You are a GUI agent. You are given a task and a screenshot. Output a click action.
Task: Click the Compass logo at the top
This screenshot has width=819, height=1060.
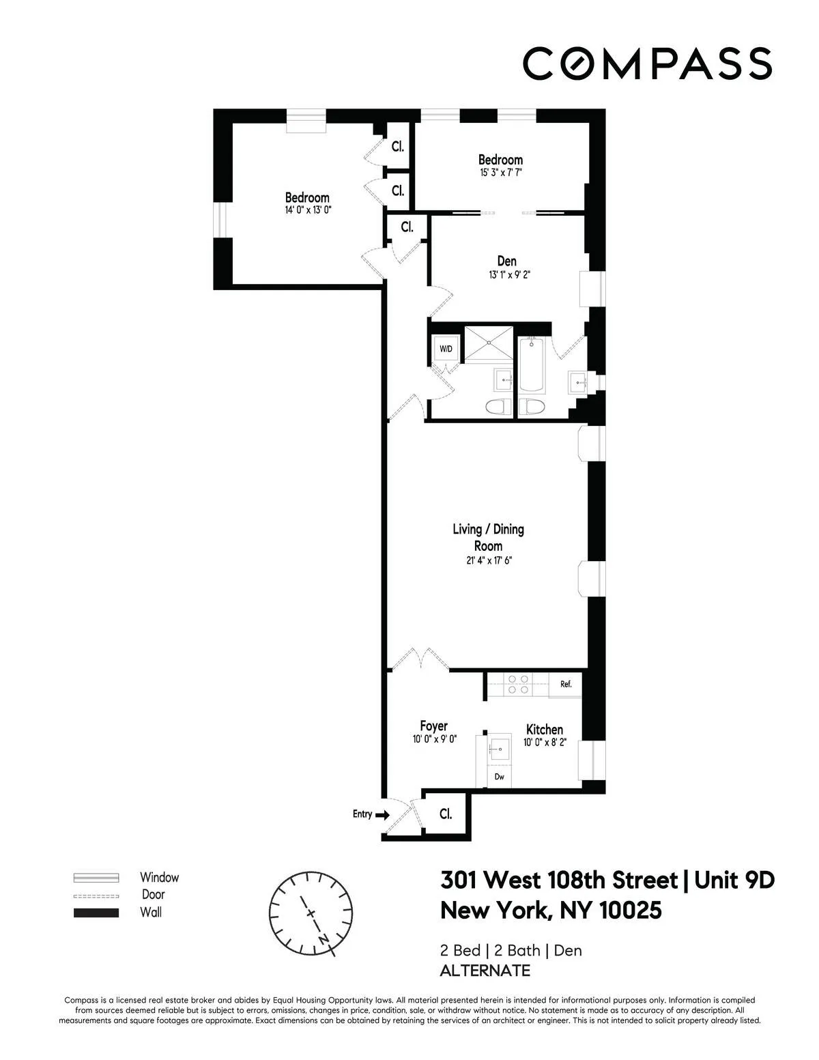click(x=647, y=63)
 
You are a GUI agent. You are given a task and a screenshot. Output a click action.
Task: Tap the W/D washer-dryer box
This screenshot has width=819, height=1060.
click(x=446, y=349)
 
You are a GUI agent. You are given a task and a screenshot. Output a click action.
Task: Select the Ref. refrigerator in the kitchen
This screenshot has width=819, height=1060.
click(x=566, y=684)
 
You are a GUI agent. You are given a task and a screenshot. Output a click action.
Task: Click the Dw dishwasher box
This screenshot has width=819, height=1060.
click(x=499, y=777)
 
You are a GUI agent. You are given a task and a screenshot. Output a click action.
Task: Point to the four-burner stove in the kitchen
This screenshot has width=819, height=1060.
click(x=517, y=684)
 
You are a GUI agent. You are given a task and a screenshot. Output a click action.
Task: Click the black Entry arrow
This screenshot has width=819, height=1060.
click(x=382, y=814)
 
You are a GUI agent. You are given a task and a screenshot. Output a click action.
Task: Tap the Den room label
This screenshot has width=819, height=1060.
click(x=506, y=261)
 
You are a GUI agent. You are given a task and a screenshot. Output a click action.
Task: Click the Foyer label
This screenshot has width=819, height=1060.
click(x=433, y=726)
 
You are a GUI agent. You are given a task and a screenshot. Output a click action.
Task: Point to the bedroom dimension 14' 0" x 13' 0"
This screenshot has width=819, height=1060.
click(x=308, y=211)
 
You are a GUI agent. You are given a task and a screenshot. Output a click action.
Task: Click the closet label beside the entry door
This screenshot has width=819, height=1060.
click(x=446, y=814)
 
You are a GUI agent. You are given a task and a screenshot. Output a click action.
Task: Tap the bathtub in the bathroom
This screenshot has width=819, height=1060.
click(x=531, y=365)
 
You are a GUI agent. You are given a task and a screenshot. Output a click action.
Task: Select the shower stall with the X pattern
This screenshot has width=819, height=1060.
click(x=488, y=345)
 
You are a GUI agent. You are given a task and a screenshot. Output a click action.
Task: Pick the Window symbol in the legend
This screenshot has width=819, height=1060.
click(x=96, y=878)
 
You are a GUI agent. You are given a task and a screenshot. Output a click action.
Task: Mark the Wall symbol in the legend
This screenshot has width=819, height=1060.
click(x=96, y=913)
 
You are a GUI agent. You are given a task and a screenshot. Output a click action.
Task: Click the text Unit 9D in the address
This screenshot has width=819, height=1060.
click(x=734, y=881)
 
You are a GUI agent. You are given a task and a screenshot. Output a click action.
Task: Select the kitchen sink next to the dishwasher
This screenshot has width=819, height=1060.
click(x=499, y=748)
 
